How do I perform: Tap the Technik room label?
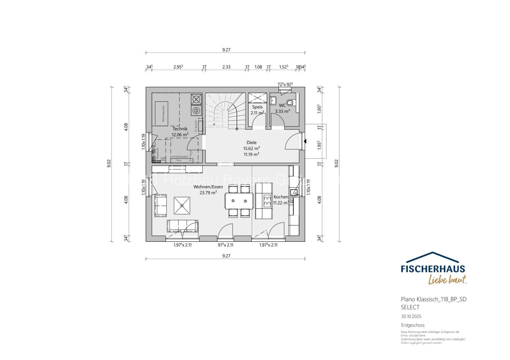click(x=180, y=129)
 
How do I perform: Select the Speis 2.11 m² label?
click(x=257, y=110)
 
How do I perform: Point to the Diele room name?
click(x=251, y=142)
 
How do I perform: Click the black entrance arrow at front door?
click(x=305, y=141)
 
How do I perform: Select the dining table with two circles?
click(x=239, y=201)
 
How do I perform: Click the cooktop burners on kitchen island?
click(x=267, y=201)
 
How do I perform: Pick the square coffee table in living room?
click(x=182, y=205)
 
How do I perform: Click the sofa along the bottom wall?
click(x=182, y=226)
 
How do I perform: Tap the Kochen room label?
click(x=280, y=197)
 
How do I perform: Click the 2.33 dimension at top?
click(x=226, y=67)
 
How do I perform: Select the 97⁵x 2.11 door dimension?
click(x=225, y=245)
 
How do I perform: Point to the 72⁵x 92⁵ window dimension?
click(x=285, y=84)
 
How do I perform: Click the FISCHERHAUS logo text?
click(x=433, y=269)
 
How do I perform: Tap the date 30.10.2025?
click(x=411, y=316)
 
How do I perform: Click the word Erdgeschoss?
click(x=412, y=325)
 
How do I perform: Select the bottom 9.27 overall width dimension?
click(x=226, y=256)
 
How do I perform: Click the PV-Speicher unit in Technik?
click(x=200, y=124)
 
